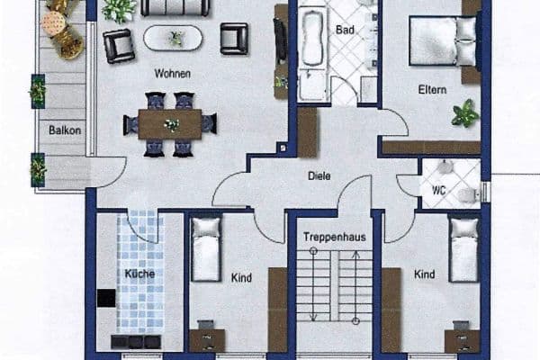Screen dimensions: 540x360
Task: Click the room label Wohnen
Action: [172, 74]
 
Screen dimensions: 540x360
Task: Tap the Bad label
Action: [345, 30]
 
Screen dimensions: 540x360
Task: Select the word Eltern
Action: [432, 90]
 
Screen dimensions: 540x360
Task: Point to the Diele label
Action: [319, 176]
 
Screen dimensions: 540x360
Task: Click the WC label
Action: [439, 190]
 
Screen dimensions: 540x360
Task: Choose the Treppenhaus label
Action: [335, 237]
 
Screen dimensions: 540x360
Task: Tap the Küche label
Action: [139, 274]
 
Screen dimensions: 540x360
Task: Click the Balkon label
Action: [65, 130]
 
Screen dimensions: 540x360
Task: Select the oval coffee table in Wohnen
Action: [173, 38]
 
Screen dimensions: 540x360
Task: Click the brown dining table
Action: [170, 124]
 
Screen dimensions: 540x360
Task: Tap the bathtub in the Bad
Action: [313, 39]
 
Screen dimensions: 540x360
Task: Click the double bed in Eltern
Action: [444, 40]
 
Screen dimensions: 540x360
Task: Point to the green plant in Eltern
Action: [465, 113]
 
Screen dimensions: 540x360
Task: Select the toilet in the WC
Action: [469, 195]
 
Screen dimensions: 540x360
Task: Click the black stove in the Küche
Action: [106, 298]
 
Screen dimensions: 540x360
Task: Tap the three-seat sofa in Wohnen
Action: [175, 7]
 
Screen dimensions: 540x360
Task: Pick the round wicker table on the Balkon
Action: [53, 23]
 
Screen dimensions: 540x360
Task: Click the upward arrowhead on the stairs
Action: [356, 255]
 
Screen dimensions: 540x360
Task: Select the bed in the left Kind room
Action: [205, 249]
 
